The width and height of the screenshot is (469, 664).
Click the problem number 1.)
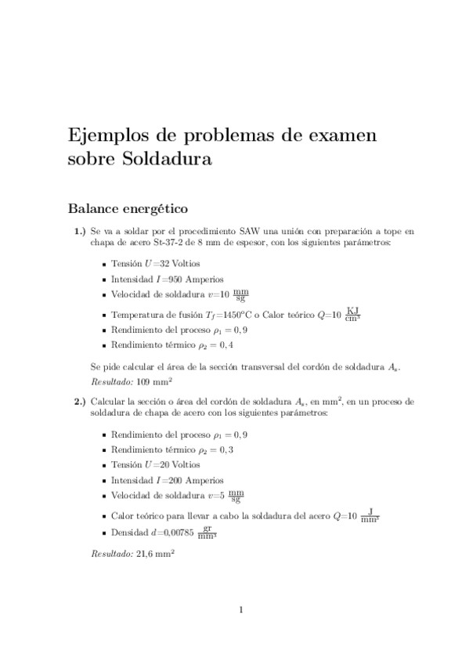point(80,232)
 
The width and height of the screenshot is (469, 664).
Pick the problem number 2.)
point(80,401)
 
